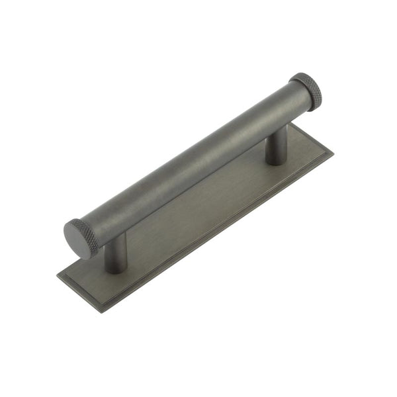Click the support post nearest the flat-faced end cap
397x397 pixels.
click(117, 255)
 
